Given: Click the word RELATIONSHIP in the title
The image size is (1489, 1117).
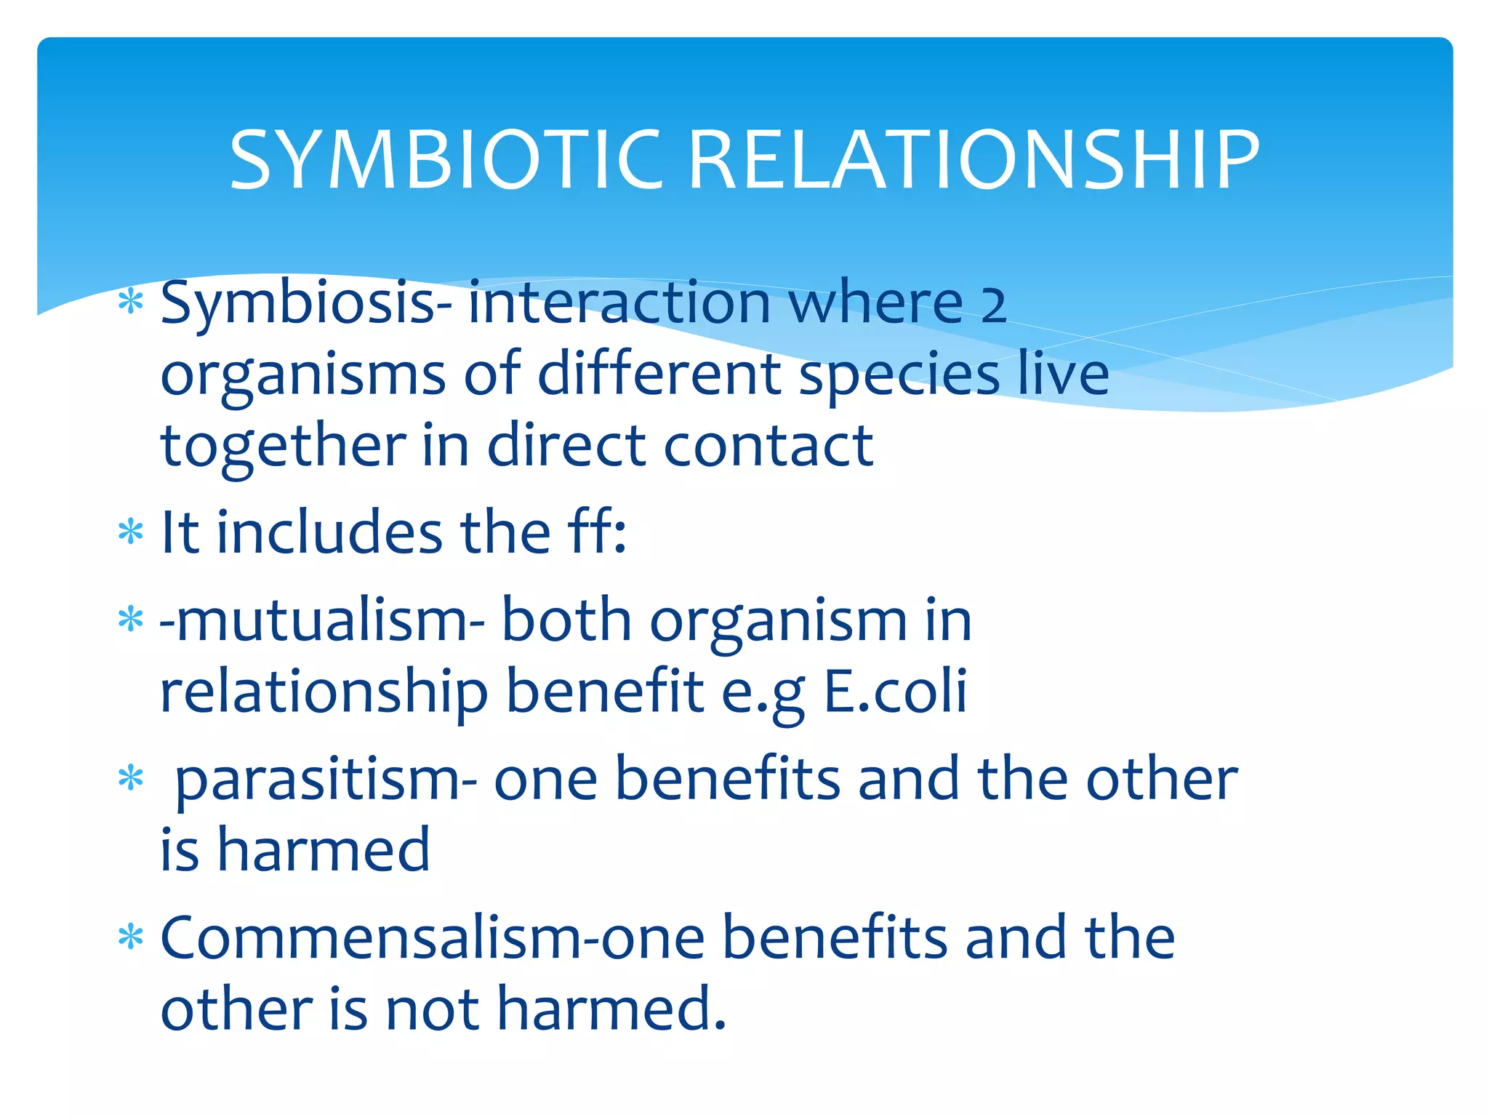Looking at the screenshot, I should click(x=973, y=160).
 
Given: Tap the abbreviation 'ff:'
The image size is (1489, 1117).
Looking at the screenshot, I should click(x=596, y=532).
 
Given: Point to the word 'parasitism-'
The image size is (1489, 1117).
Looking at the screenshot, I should click(x=326, y=780).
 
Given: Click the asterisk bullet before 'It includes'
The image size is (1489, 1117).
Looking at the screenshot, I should click(x=131, y=532).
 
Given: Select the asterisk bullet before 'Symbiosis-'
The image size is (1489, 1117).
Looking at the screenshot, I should click(x=131, y=301).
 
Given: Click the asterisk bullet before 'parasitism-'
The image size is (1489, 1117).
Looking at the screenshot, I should click(x=131, y=778).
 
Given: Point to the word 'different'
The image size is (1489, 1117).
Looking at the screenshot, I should click(x=658, y=375).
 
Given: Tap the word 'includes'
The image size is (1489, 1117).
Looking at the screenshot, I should click(x=329, y=532).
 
